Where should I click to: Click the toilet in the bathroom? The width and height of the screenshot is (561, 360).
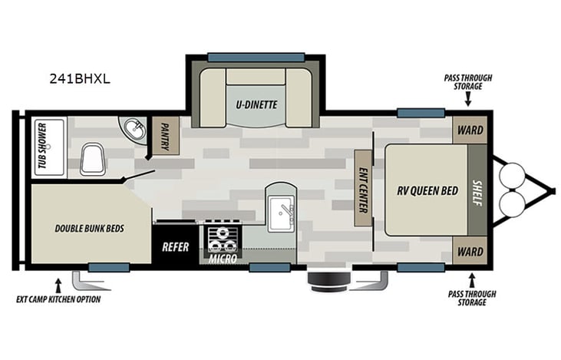tap(94, 159)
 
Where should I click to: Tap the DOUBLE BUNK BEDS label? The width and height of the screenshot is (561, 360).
tap(90, 228)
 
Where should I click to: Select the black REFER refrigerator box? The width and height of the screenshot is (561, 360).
tap(176, 246)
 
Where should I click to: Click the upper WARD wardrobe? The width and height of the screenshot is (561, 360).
tap(470, 130)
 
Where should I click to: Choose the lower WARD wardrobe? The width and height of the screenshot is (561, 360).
tap(470, 250)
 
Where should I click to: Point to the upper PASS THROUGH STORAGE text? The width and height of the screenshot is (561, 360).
tap(467, 81)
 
